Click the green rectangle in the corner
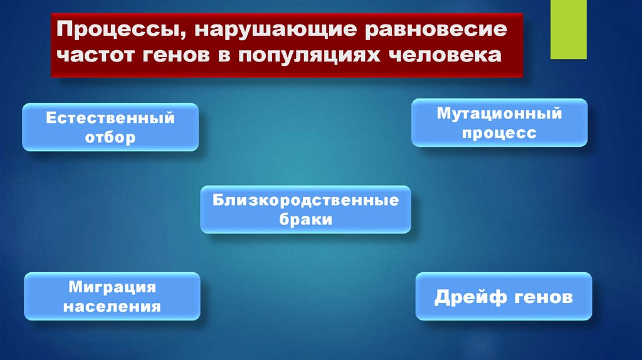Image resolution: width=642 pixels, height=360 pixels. click(x=568, y=29)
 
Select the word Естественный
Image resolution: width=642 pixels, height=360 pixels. click(x=110, y=119)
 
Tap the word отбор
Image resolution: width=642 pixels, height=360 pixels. click(x=110, y=137)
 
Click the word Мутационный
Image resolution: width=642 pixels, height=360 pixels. click(x=499, y=114)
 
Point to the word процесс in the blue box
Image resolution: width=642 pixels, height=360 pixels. click(x=499, y=133)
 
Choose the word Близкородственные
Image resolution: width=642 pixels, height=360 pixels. click(x=305, y=201)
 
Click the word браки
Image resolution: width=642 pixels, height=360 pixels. click(x=305, y=220)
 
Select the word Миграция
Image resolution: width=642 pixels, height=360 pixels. click(x=112, y=288)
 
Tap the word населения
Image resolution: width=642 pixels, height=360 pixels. click(x=112, y=307)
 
